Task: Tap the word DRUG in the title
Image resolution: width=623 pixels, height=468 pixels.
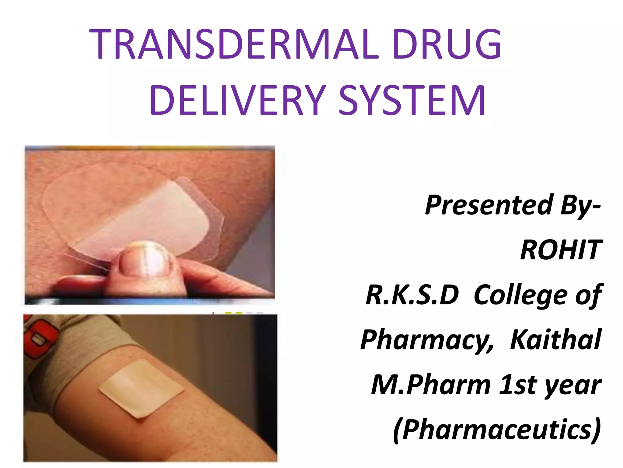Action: tap(447, 44)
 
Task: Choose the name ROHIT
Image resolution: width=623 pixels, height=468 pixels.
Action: tap(561, 250)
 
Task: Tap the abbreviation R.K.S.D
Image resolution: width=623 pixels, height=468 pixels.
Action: tap(412, 295)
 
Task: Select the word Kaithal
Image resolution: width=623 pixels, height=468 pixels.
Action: tap(555, 339)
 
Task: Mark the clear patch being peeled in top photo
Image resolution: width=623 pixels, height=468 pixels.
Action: tap(134, 210)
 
